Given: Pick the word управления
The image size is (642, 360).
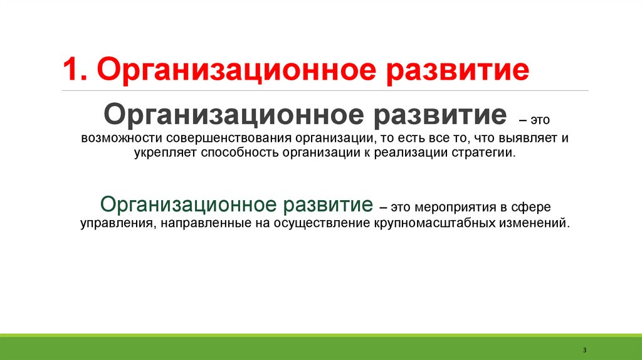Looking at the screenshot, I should (113, 223).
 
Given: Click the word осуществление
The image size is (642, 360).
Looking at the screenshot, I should (316, 223).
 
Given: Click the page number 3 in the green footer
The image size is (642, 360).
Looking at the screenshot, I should (584, 349).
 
